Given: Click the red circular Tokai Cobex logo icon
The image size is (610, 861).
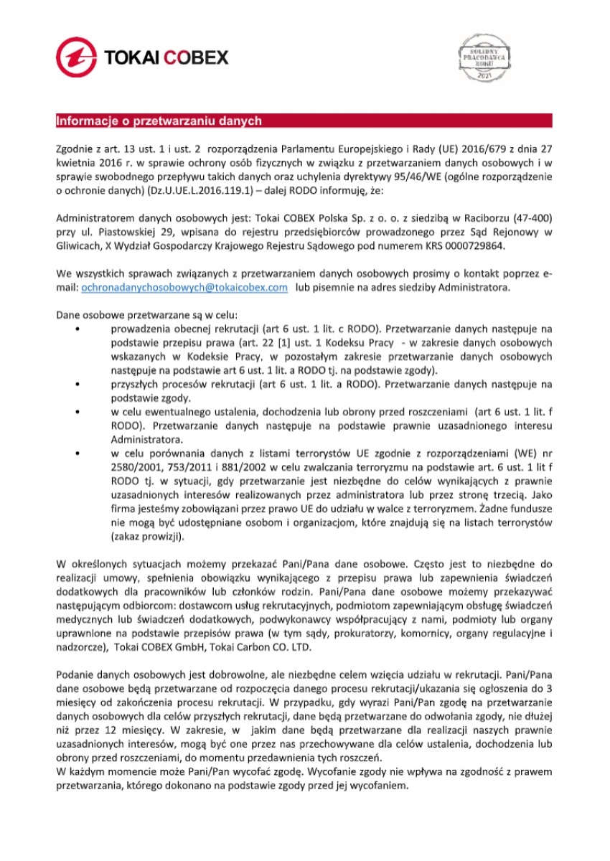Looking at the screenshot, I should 77,57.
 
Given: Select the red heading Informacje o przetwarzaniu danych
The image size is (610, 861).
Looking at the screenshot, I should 159,121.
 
